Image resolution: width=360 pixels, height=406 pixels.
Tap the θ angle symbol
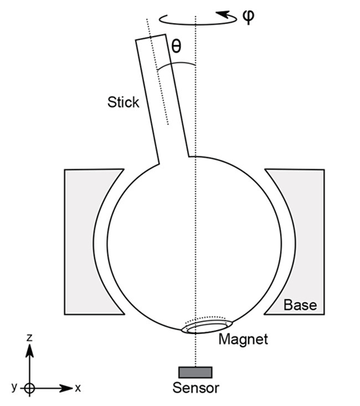(x=177, y=47)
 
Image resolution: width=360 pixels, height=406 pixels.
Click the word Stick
(x=122, y=102)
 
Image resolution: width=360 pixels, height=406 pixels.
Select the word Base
(x=300, y=305)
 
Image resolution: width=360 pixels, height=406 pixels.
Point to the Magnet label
(x=243, y=340)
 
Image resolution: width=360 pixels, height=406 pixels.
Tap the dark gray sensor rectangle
(x=195, y=372)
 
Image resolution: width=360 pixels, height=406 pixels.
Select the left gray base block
(x=81, y=240)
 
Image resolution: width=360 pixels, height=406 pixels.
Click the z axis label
(x=29, y=339)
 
